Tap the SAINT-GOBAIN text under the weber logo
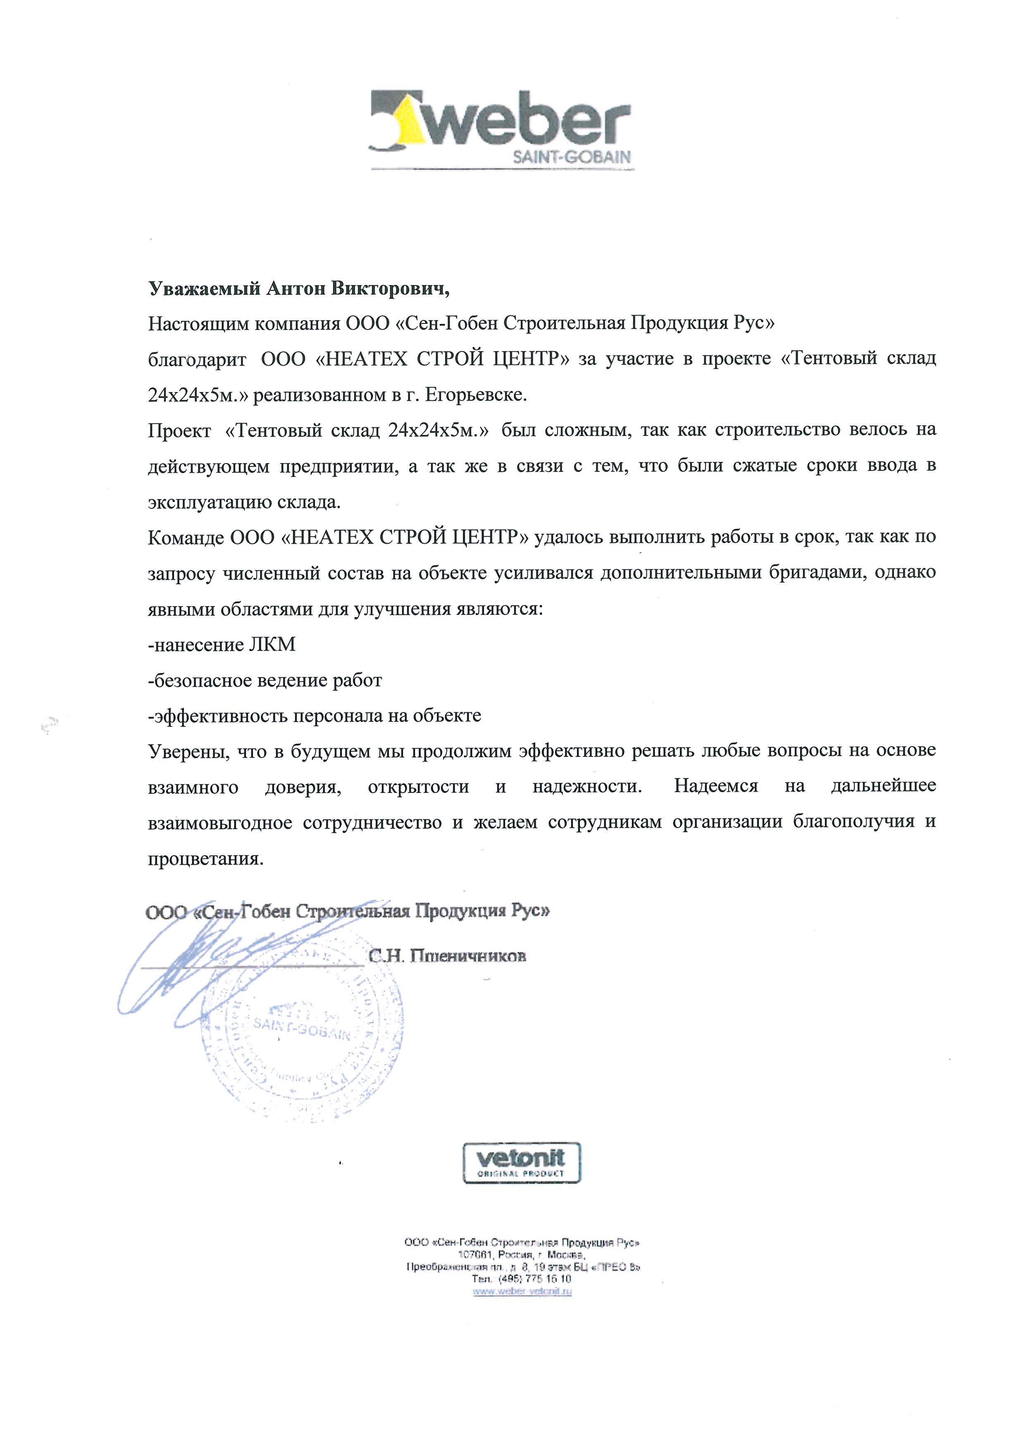pos(573,157)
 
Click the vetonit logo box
pos(522,1163)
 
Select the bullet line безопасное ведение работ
pos(265,680)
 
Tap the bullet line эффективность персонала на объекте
pos(314,716)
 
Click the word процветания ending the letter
pos(205,858)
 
